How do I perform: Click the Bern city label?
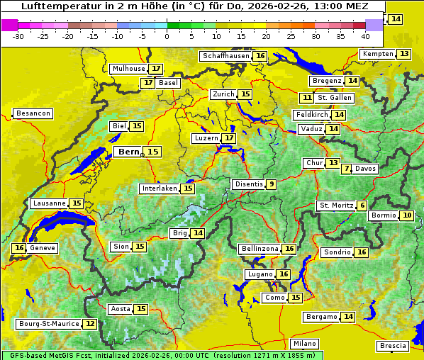click(129, 152)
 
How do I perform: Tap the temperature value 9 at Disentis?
click(271, 184)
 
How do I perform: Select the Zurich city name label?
click(223, 94)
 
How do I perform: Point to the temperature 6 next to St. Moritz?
click(362, 206)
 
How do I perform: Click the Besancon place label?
click(33, 113)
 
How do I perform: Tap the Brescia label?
click(393, 346)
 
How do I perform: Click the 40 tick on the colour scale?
click(365, 35)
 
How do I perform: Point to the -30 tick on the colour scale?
click(18, 35)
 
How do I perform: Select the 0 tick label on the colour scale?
click(167, 35)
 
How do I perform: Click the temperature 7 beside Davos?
click(346, 169)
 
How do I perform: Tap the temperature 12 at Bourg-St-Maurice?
click(89, 324)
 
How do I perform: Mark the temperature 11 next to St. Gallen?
click(306, 98)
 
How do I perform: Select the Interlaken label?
click(159, 189)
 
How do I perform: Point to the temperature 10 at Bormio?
click(406, 215)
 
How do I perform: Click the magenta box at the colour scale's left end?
click(10, 25)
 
